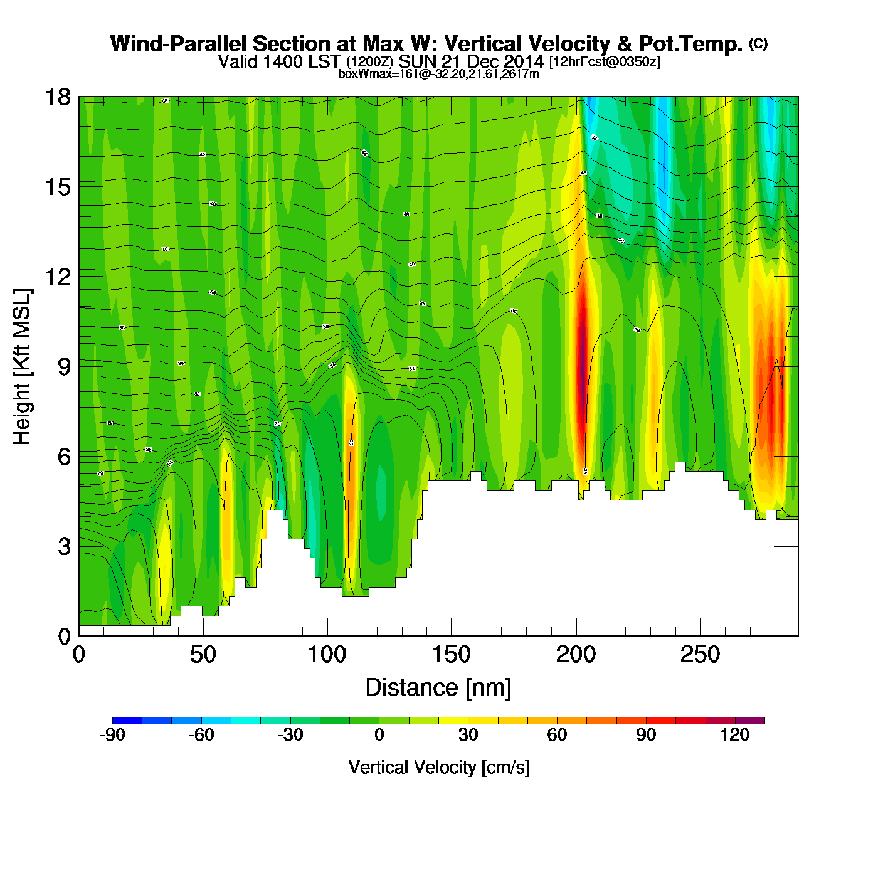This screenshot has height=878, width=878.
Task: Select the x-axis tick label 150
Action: (x=451, y=655)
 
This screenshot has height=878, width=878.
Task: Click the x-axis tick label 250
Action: (x=700, y=655)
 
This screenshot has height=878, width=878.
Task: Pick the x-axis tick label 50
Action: (x=203, y=655)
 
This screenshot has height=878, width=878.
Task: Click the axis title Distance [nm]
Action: (x=438, y=688)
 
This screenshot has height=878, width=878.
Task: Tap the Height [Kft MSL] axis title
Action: (x=22, y=367)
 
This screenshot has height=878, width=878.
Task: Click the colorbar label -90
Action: (x=112, y=735)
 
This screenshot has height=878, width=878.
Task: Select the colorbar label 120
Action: (x=735, y=735)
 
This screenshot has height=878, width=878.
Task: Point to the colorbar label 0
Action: (x=379, y=735)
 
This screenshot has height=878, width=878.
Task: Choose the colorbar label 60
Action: (x=557, y=735)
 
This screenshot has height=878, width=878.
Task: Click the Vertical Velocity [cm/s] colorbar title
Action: (x=439, y=768)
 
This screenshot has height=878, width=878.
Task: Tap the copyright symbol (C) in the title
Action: (x=758, y=43)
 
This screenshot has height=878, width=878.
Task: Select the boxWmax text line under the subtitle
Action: (x=438, y=73)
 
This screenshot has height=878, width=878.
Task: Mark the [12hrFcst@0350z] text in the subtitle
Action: (x=605, y=61)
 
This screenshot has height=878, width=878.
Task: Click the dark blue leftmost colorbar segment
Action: (x=127, y=721)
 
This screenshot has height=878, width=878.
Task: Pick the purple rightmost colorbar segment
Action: (x=750, y=721)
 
